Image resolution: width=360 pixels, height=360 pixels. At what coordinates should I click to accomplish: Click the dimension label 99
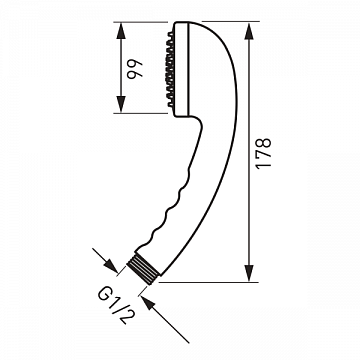(x=134, y=68)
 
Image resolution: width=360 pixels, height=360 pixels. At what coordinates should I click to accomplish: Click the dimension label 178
(x=263, y=153)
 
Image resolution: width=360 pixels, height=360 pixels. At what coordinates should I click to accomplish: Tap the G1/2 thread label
(x=113, y=306)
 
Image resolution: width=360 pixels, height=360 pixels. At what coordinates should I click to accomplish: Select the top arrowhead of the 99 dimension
(x=121, y=31)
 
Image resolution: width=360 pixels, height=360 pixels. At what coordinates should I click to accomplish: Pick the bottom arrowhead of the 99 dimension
(x=121, y=104)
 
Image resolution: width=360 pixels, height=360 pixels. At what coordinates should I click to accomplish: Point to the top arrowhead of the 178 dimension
(x=249, y=31)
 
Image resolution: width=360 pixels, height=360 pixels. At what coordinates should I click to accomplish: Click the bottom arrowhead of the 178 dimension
(x=249, y=274)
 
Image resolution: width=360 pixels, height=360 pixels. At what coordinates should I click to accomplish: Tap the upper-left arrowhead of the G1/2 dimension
(x=110, y=264)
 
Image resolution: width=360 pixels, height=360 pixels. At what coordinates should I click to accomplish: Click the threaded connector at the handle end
(x=144, y=269)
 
